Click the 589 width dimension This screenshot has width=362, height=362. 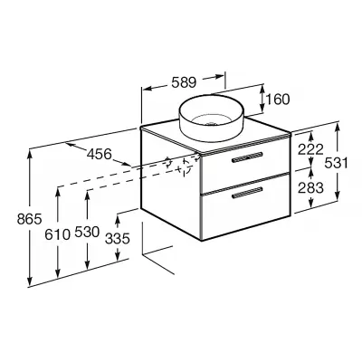point(184,82)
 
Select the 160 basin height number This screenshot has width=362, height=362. point(278,100)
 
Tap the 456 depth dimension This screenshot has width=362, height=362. point(99,155)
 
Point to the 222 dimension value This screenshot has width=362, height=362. point(310,149)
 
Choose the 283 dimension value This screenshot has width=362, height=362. point(310,187)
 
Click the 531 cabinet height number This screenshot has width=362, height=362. point(336,164)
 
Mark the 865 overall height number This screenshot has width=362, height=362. point(29,219)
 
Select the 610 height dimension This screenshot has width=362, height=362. point(57,234)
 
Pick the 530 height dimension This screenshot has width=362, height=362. point(87,233)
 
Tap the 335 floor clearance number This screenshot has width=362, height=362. point(118,239)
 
